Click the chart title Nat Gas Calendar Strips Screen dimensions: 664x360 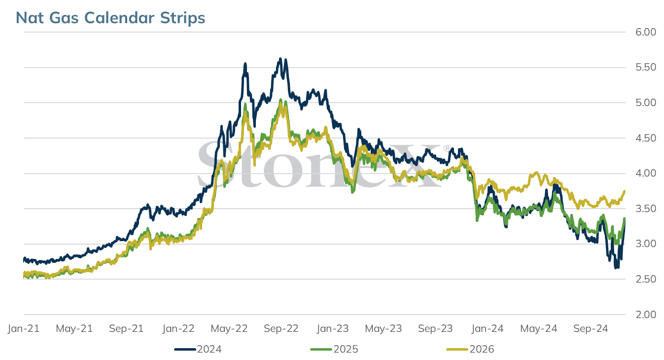(110, 18)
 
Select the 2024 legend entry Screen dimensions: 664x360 (198, 349)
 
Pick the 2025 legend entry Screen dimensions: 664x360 (334, 349)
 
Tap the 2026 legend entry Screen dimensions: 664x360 (470, 349)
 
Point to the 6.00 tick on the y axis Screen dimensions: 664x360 (646, 32)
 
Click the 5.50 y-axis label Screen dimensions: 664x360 (646, 67)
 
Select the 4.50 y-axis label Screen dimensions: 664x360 (646, 138)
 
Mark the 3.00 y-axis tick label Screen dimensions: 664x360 (646, 244)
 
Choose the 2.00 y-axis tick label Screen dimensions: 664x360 (646, 314)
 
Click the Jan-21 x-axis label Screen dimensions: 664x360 (24, 328)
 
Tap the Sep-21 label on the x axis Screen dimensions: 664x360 (126, 328)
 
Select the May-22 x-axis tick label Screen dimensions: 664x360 (229, 328)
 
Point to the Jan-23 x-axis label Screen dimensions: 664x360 (333, 328)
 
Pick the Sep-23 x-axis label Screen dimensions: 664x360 (435, 328)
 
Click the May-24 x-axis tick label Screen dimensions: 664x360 (539, 328)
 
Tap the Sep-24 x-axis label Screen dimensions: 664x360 (591, 328)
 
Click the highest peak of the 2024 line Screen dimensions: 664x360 (280, 59)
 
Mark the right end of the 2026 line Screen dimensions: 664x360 (625, 191)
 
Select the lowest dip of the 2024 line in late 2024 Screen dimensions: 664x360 (616, 267)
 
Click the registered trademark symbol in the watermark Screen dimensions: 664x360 (447, 148)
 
